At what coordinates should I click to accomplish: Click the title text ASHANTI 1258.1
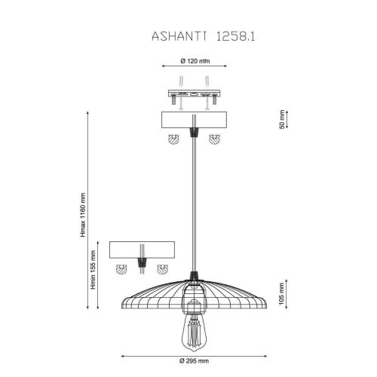pos(204,37)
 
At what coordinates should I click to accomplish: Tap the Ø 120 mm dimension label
pos(195,61)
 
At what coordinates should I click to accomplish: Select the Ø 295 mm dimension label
pos(195,361)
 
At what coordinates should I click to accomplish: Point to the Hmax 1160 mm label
pos(83,215)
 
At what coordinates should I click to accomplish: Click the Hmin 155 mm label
pos(93,270)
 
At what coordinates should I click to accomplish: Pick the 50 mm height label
pos(282,119)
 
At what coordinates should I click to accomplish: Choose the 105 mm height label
pos(281,293)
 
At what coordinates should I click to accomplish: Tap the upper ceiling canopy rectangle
pos(194,120)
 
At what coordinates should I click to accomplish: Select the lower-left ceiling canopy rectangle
pos(142,250)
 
